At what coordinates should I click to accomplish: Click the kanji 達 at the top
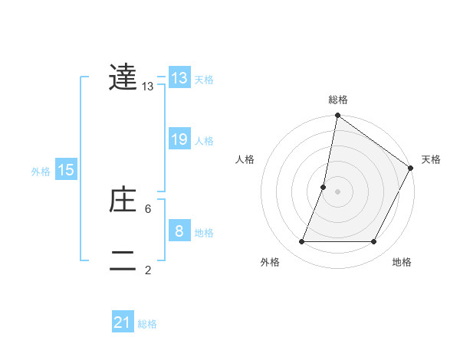tap(123, 78)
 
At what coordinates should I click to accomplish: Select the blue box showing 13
tap(179, 78)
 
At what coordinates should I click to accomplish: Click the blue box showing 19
tap(179, 139)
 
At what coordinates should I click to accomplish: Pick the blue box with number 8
tap(179, 231)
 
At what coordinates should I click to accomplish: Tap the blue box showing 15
tap(66, 170)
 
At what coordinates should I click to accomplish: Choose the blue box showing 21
tap(123, 323)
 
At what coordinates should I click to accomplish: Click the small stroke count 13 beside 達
tap(148, 87)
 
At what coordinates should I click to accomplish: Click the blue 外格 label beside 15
tap(41, 172)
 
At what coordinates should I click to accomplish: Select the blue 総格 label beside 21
tap(147, 325)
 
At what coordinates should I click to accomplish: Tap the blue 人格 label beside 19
tap(204, 141)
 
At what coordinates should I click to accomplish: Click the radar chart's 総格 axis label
tap(338, 100)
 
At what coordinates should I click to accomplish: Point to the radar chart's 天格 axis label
tap(432, 159)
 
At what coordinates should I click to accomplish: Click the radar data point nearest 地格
tap(374, 242)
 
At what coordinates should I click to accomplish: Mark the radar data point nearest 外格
tap(302, 242)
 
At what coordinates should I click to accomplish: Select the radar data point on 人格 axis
tap(324, 186)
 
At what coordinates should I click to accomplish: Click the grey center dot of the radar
tap(338, 191)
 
